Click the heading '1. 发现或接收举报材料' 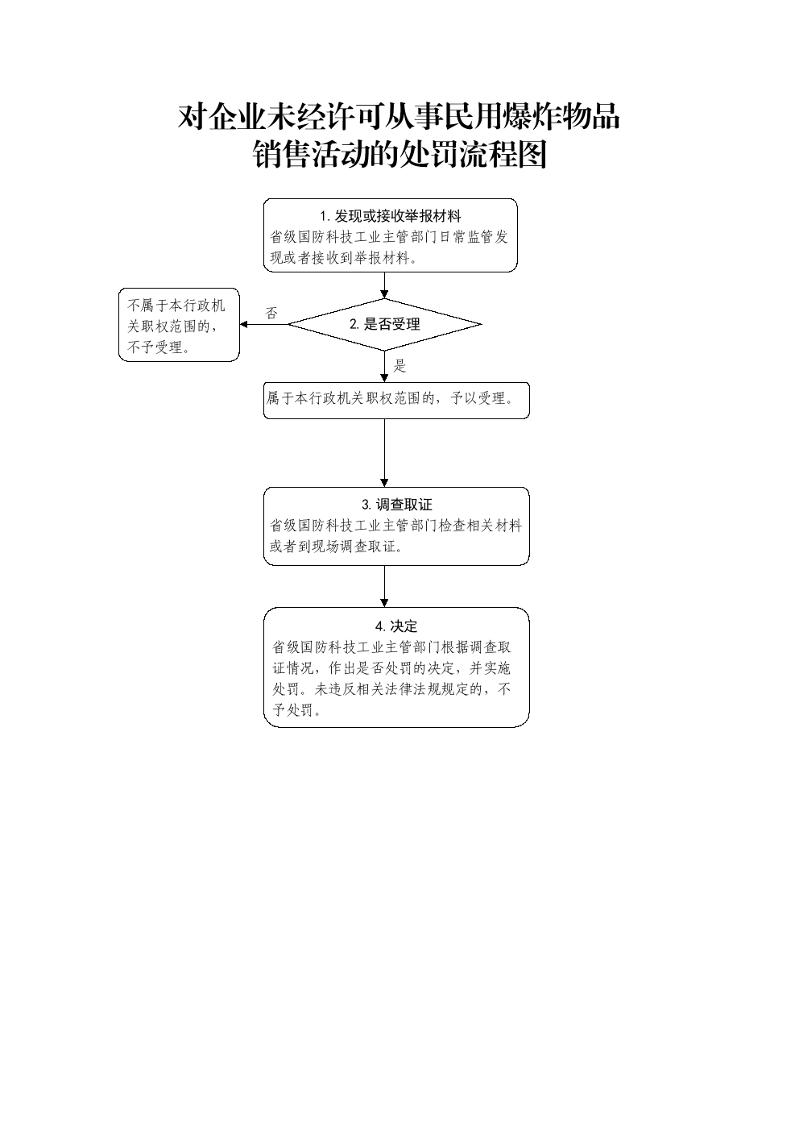[391, 217]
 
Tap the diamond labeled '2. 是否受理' [384, 324]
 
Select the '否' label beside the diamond [271, 313]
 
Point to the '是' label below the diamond [399, 366]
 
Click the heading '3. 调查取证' [396, 505]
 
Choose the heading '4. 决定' [396, 626]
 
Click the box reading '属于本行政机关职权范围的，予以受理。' [396, 401]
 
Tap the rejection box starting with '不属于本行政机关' [179, 325]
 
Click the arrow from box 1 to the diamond [384, 285]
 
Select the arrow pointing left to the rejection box [264, 324]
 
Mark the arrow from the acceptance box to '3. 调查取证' [384, 453]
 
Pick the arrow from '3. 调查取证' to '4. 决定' [384, 586]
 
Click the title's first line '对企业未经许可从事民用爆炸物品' [399, 117]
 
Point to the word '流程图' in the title [503, 154]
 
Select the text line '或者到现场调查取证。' [337, 547]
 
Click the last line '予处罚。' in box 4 [297, 710]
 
